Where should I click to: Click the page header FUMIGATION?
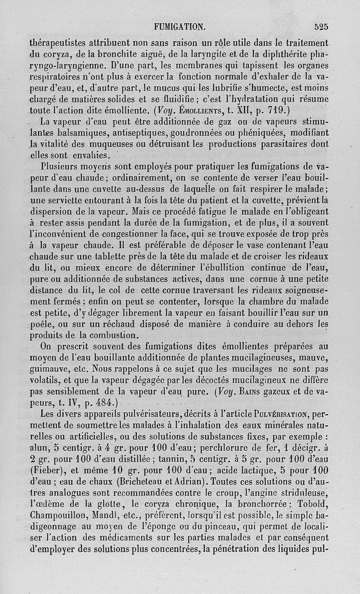pyautogui.click(x=180, y=27)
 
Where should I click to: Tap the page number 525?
pyautogui.click(x=321, y=27)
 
